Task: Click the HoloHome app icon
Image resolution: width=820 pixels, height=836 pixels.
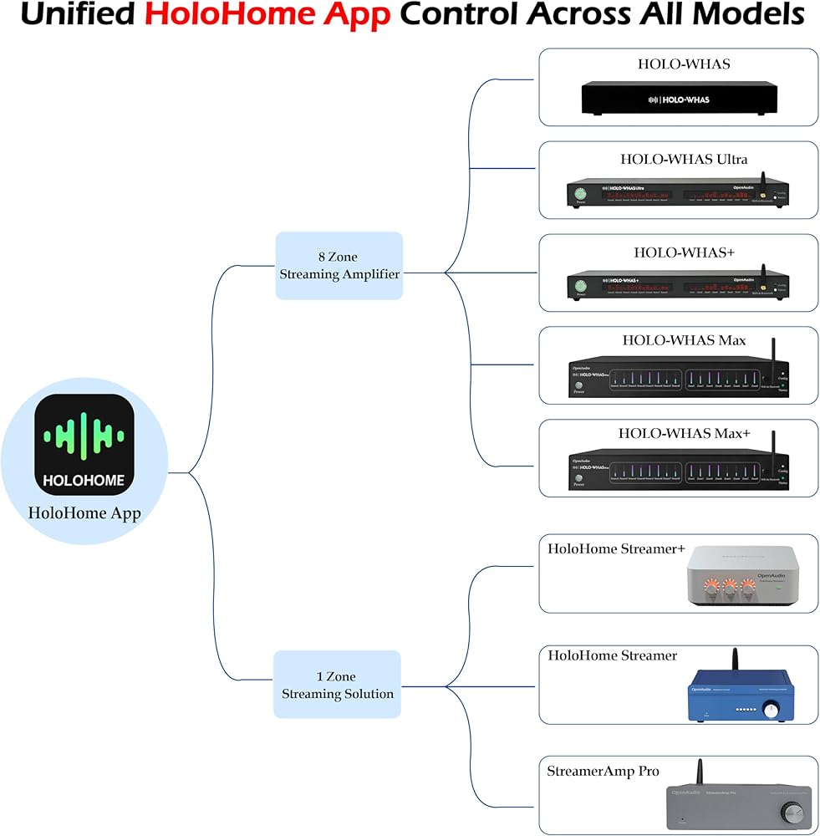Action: click(x=84, y=445)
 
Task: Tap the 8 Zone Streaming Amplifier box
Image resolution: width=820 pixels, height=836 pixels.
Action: click(x=339, y=266)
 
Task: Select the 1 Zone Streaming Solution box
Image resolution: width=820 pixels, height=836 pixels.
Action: click(x=338, y=685)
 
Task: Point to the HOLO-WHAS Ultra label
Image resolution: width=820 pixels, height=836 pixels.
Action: click(x=683, y=159)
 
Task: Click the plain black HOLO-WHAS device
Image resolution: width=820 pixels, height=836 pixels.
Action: click(x=678, y=98)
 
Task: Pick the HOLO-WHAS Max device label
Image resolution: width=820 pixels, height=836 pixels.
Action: click(x=684, y=340)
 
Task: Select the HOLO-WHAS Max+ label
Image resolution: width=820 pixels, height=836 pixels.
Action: click(x=684, y=433)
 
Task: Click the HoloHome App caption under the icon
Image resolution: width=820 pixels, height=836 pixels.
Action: click(x=84, y=513)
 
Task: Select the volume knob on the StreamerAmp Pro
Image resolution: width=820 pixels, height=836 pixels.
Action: click(x=791, y=812)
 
